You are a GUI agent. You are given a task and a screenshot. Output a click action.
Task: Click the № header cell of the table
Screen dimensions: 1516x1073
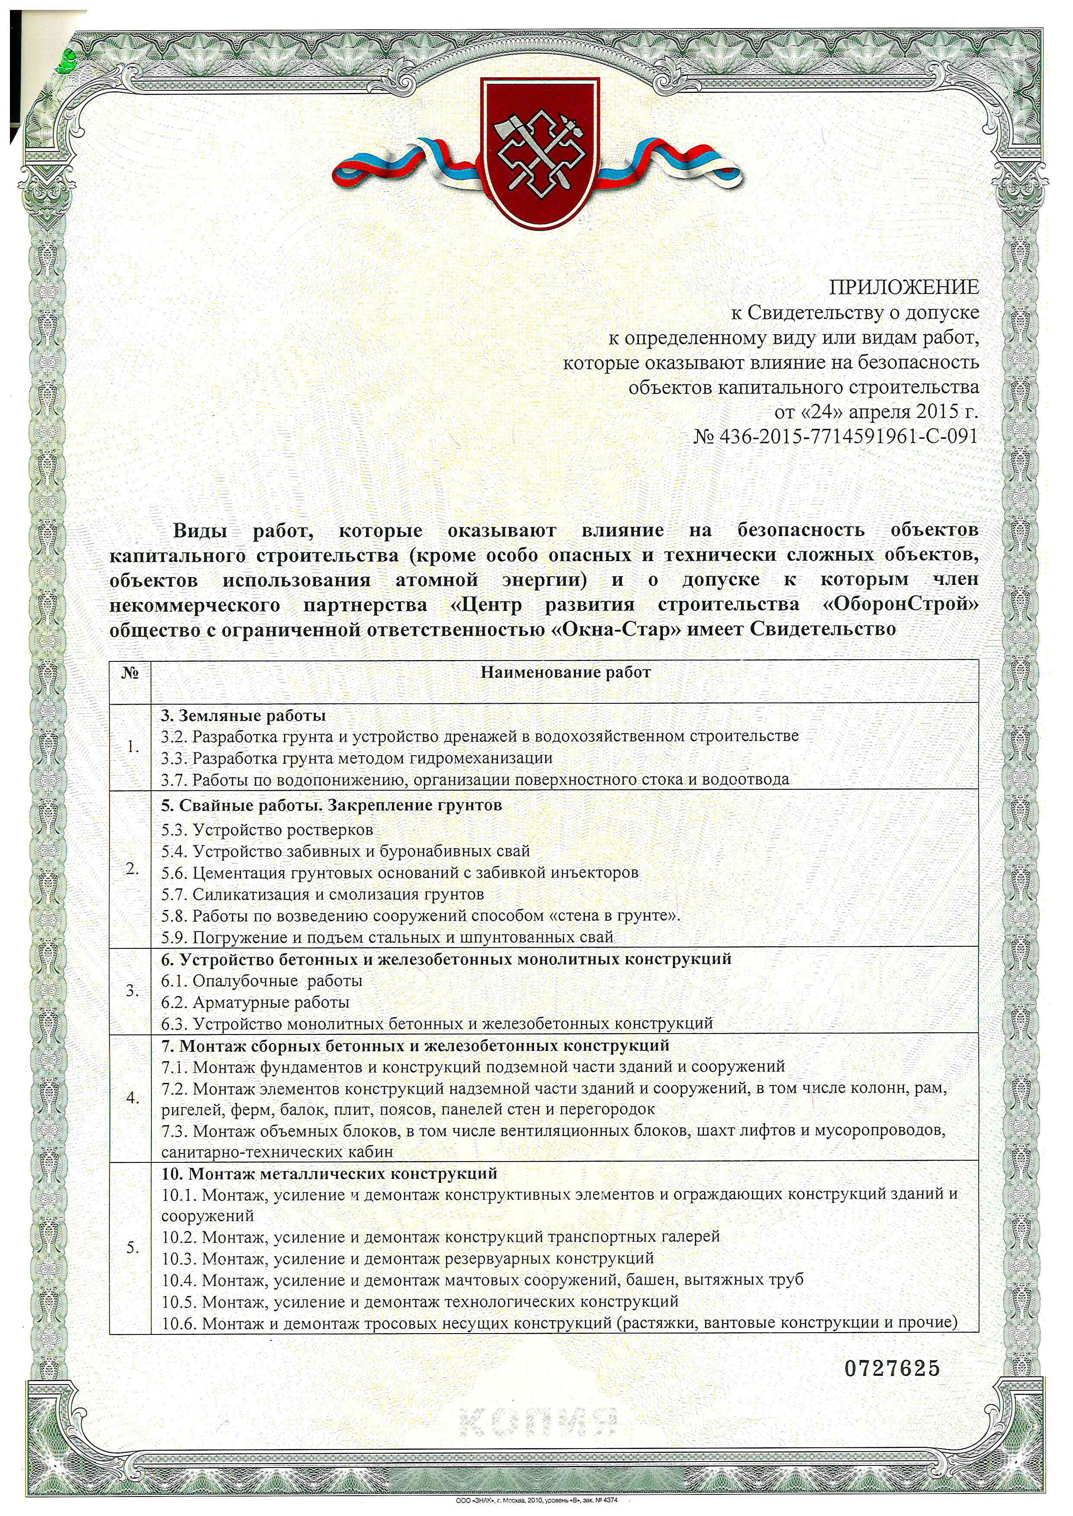tap(130, 673)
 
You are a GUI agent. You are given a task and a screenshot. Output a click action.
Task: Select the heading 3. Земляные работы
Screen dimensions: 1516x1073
tap(243, 716)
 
